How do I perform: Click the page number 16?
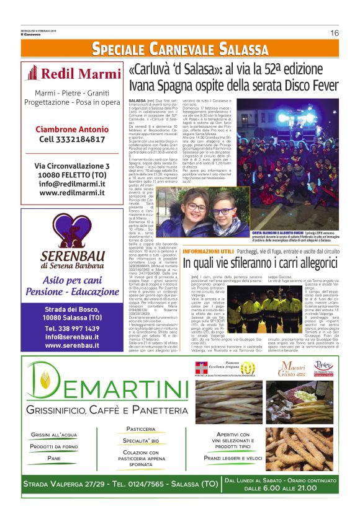[x=335, y=33]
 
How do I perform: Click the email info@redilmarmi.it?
[x=71, y=184]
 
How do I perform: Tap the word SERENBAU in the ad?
[x=71, y=254]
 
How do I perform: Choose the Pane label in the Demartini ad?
[x=54, y=458]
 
